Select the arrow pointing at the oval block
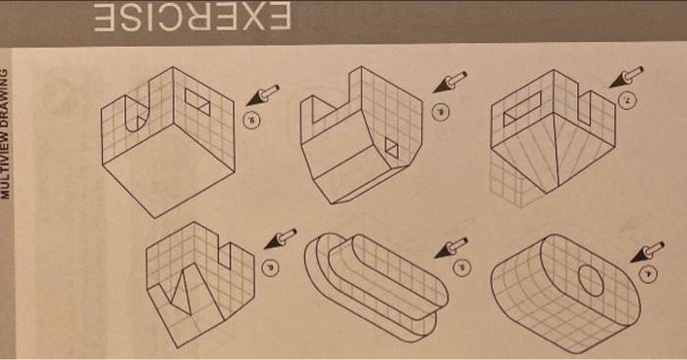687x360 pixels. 649,252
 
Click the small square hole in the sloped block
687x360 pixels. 391,148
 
